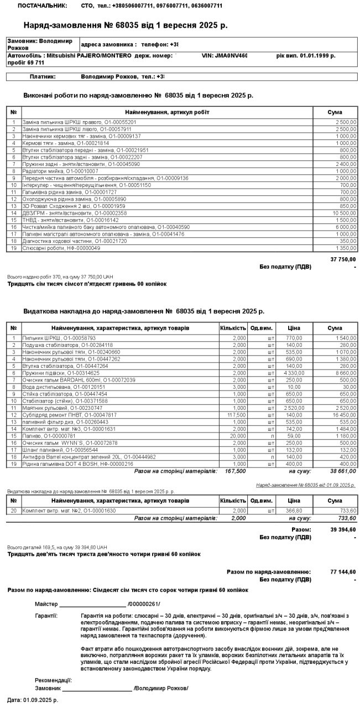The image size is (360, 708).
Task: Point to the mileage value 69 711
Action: coord(34,63)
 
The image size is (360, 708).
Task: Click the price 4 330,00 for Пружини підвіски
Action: coord(293,373)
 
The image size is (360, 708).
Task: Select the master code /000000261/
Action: coord(144,603)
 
